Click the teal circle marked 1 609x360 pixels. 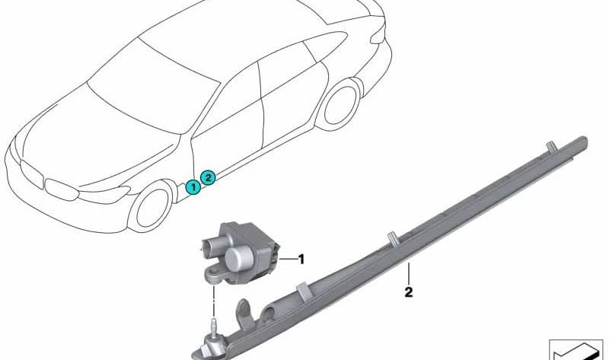click(x=193, y=187)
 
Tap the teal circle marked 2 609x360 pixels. click(x=208, y=178)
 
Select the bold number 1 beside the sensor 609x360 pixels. click(x=301, y=259)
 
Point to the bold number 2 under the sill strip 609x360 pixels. click(x=408, y=292)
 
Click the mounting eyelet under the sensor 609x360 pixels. click(x=213, y=273)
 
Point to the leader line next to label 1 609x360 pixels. click(x=288, y=260)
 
